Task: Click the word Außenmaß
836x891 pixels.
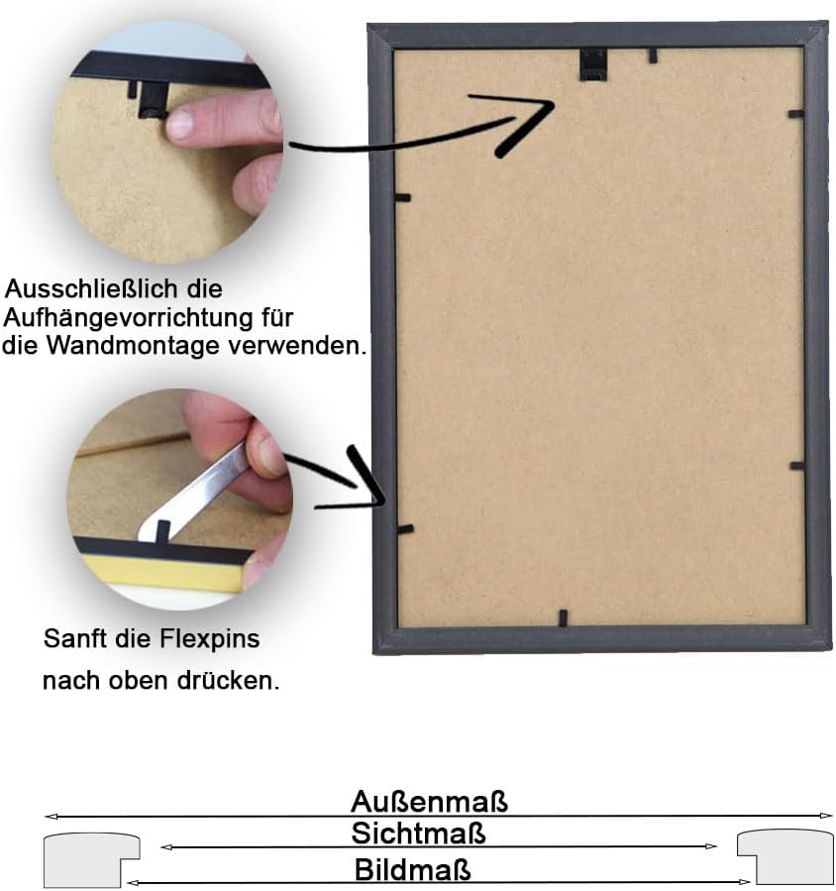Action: pyautogui.click(x=429, y=800)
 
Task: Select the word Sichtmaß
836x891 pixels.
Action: pyautogui.click(x=419, y=833)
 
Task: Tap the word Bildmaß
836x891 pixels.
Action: pyautogui.click(x=413, y=870)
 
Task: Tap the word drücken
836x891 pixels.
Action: pyautogui.click(x=229, y=682)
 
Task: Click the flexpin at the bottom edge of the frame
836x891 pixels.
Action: pyautogui.click(x=562, y=617)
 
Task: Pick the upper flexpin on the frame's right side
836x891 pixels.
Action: pyautogui.click(x=795, y=114)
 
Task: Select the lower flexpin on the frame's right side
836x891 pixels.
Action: pyautogui.click(x=796, y=465)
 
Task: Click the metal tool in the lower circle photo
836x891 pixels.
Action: pyautogui.click(x=203, y=487)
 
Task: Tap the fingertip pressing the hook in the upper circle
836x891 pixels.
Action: pyautogui.click(x=181, y=124)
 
